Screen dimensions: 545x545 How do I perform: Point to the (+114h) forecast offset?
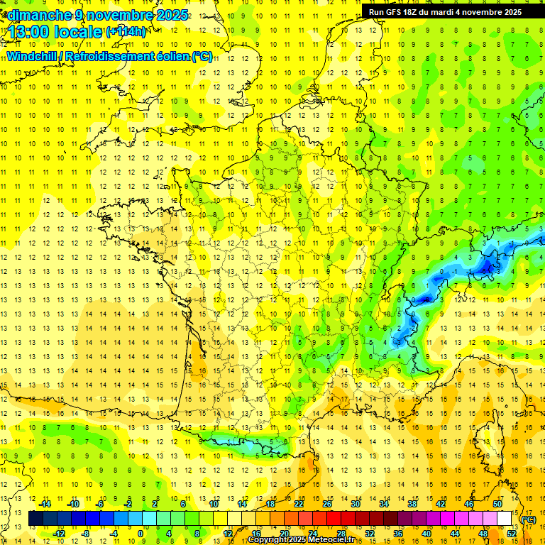click(126, 32)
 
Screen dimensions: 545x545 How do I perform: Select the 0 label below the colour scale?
click(140, 534)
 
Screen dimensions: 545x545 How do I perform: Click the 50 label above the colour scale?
click(497, 504)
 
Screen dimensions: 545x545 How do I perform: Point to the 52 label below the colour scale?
click(512, 534)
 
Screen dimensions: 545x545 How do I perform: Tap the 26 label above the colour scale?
click(327, 504)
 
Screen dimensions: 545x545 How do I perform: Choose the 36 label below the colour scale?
click(398, 534)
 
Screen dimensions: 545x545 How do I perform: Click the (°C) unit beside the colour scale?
click(528, 519)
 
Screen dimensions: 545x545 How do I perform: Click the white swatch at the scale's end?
click(505, 519)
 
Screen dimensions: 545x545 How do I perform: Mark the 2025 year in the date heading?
click(172, 15)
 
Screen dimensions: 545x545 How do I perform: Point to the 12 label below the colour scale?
click(228, 534)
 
